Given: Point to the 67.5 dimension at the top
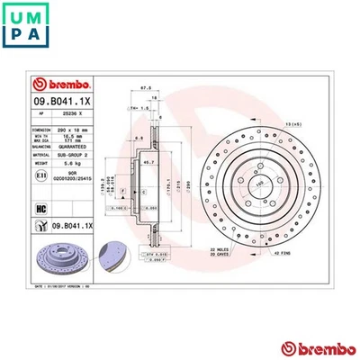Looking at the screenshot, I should pyautogui.click(x=143, y=88).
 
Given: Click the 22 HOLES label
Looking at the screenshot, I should pyautogui.click(x=216, y=250).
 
